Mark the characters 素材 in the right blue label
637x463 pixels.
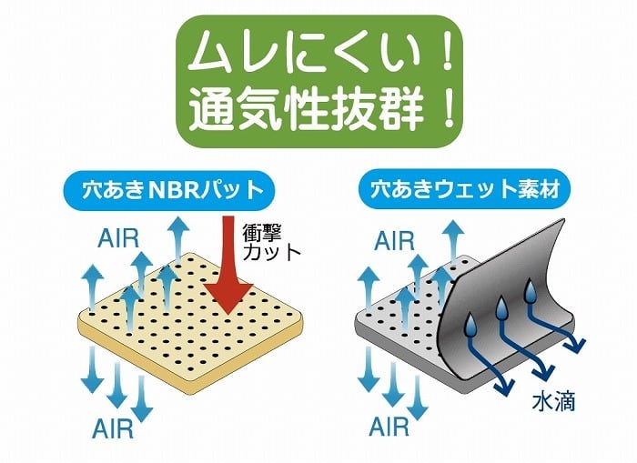pos(543,191)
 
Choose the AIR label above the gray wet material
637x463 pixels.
pos(395,240)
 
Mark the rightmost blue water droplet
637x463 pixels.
pos(531,293)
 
